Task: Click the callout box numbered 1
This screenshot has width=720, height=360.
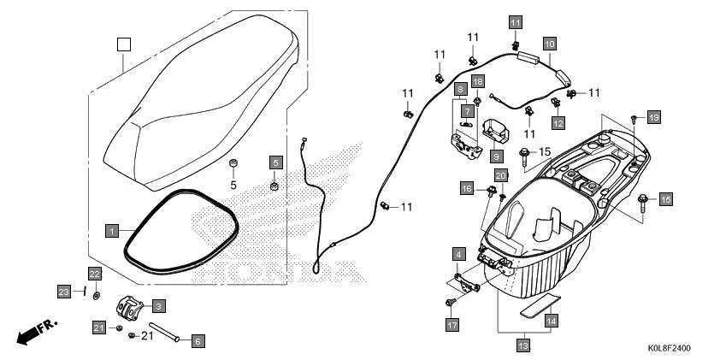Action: [x=111, y=230]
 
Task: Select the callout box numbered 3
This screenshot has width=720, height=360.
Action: [x=158, y=304]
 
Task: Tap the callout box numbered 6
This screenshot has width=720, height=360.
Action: [x=198, y=341]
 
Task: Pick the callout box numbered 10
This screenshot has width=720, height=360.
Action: [x=549, y=43]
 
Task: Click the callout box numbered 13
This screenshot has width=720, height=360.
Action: [x=522, y=345]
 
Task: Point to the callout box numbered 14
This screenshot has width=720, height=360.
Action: [x=552, y=320]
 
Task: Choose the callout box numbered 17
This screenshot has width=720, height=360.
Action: [x=451, y=325]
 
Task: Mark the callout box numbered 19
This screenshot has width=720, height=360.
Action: [x=653, y=116]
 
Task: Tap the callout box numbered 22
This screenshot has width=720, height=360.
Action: [x=95, y=274]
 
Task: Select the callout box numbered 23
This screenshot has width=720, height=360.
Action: [x=63, y=291]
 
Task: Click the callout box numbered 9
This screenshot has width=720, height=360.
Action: [x=495, y=156]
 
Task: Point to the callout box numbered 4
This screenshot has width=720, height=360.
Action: [x=459, y=254]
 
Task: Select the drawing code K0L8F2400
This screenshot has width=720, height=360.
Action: [x=668, y=349]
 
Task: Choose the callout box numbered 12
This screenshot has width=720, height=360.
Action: [x=558, y=122]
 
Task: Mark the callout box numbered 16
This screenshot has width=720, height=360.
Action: [x=467, y=188]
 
